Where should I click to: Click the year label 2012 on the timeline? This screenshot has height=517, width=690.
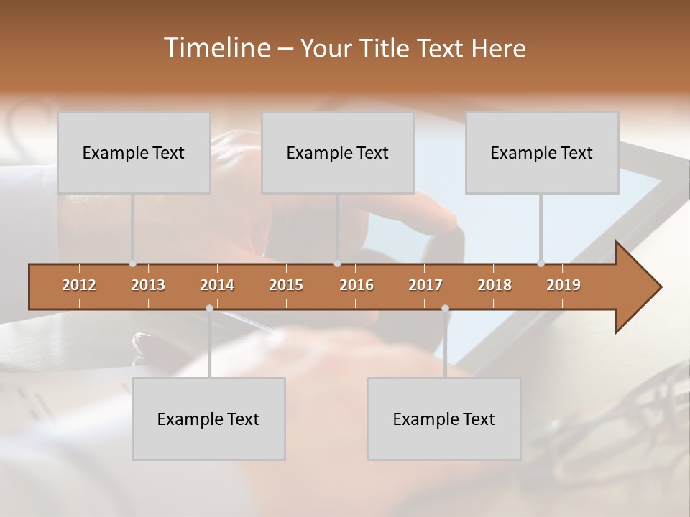(x=79, y=285)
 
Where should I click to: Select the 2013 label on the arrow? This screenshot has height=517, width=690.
(x=148, y=285)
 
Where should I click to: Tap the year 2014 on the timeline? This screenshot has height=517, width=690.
(x=217, y=285)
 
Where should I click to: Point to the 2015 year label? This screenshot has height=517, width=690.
(x=286, y=285)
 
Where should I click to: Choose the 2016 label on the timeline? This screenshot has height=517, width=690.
(x=356, y=285)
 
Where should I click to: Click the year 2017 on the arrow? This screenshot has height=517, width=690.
(x=425, y=285)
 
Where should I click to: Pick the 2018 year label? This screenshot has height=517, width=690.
(x=494, y=285)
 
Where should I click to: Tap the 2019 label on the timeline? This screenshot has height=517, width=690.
(x=563, y=285)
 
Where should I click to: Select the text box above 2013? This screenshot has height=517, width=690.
(x=134, y=152)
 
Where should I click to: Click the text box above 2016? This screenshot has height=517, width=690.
(x=338, y=152)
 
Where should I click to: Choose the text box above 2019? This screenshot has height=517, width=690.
(x=542, y=152)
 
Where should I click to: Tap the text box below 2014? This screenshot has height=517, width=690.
(x=208, y=419)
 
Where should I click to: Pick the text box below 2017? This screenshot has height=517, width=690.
(x=444, y=419)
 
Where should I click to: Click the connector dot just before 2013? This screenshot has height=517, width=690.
(x=132, y=264)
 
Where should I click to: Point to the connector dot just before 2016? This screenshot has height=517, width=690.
(x=338, y=264)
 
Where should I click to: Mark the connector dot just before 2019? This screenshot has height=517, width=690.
(x=540, y=264)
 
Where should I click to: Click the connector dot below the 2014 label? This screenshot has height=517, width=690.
(x=209, y=309)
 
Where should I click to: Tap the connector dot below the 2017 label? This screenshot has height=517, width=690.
(x=445, y=309)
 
